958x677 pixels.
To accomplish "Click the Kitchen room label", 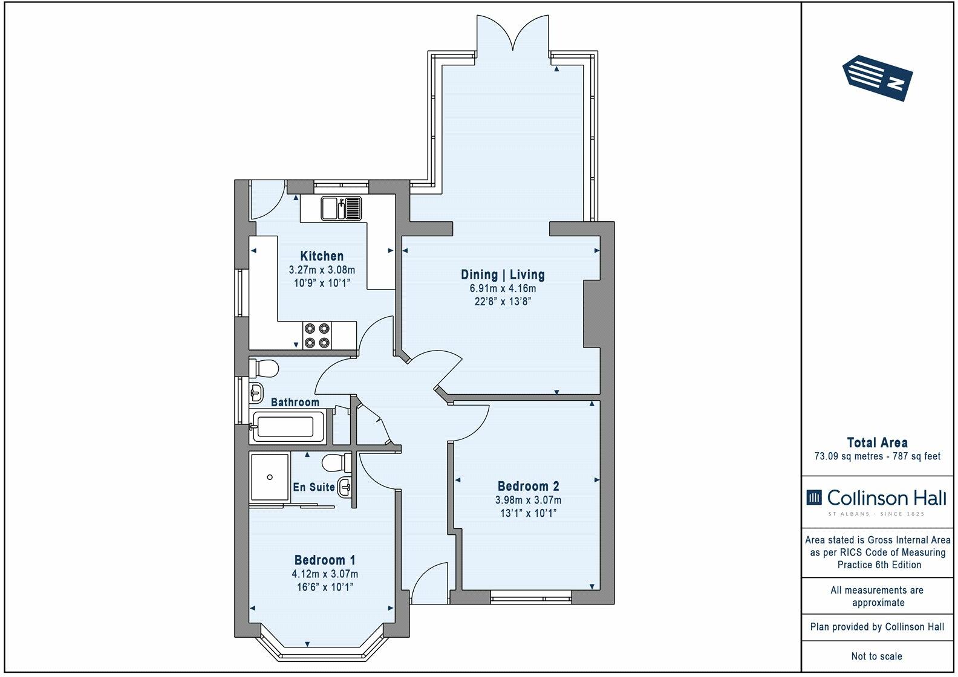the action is tap(322, 256).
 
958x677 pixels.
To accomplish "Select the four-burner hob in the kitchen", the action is tap(318, 335).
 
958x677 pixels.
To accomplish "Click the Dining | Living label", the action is tap(503, 274).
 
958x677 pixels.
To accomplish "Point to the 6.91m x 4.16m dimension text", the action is tap(503, 288).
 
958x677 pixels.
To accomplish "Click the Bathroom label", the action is tap(295, 402).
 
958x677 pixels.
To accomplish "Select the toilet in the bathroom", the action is tap(264, 368).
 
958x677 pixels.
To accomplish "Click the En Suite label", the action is tap(313, 487).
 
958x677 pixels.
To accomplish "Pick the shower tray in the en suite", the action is tap(270, 477).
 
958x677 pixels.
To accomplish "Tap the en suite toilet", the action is tap(337, 463).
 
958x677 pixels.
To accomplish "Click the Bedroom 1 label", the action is tap(325, 560).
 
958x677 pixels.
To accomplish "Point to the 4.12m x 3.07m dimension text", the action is tap(325, 574).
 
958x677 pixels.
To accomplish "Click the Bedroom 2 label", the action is tap(528, 486).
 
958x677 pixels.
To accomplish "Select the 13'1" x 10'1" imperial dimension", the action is tap(528, 513).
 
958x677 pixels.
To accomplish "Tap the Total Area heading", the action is tap(877, 442).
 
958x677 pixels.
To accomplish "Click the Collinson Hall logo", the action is tap(876, 501).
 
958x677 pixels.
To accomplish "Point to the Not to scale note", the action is tap(877, 656).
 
